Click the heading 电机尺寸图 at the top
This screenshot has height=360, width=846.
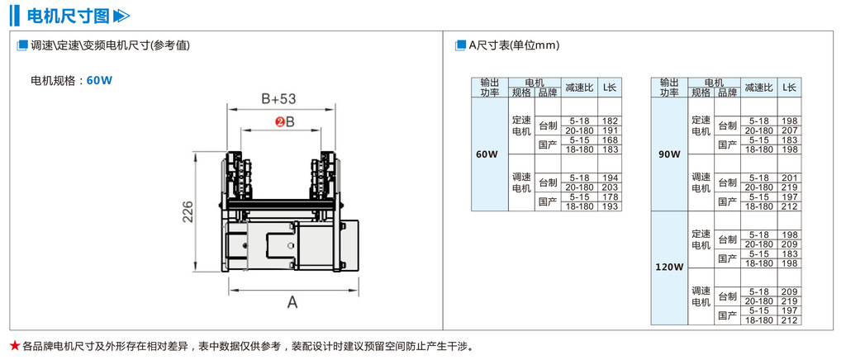[68, 16]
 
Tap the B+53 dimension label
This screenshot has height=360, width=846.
[278, 99]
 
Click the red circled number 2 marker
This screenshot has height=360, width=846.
[280, 122]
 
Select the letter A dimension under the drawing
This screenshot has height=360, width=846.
[292, 302]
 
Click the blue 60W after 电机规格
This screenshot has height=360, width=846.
[99, 80]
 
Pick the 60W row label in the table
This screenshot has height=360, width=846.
[487, 154]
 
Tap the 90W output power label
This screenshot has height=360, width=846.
[669, 154]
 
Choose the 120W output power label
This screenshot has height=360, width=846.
[669, 267]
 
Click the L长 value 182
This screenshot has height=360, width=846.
[611, 121]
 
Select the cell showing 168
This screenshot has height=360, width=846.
[611, 140]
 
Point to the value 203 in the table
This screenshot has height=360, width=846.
[611, 187]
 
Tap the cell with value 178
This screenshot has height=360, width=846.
[611, 197]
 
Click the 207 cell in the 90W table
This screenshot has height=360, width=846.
[789, 130]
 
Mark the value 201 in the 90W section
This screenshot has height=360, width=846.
[789, 178]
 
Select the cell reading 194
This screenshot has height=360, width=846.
[611, 178]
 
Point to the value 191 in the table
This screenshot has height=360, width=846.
[611, 130]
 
